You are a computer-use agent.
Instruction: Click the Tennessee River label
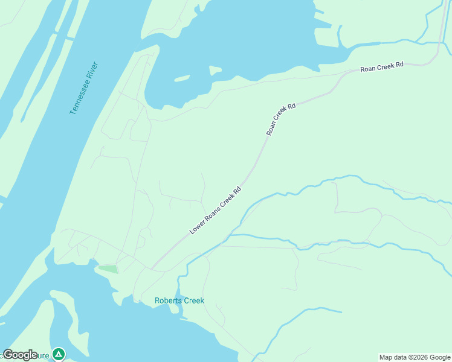click(83, 88)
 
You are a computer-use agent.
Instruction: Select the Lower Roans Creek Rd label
click(216, 209)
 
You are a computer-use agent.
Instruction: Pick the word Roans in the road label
click(211, 214)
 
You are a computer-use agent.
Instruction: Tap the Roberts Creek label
click(179, 300)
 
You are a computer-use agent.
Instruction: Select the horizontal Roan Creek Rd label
click(382, 67)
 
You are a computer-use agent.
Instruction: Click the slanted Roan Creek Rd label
click(281, 119)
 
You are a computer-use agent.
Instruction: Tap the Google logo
click(20, 355)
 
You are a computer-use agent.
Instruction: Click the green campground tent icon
click(58, 354)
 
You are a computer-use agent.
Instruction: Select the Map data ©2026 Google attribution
click(415, 357)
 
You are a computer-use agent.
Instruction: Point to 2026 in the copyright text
click(419, 357)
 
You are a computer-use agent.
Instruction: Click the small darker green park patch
click(108, 268)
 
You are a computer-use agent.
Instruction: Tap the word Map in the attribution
click(386, 357)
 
